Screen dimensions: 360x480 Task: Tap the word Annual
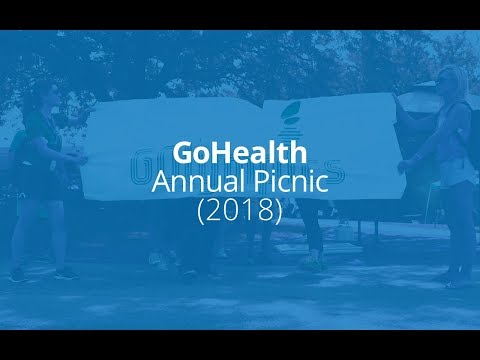(x=194, y=184)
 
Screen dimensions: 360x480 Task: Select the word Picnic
(x=284, y=184)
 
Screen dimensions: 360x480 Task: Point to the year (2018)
(x=240, y=212)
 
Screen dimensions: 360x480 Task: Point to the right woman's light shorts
(x=461, y=174)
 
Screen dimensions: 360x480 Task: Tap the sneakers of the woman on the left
(x=40, y=272)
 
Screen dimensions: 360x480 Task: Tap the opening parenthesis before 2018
(x=202, y=212)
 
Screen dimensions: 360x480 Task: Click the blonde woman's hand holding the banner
(x=408, y=159)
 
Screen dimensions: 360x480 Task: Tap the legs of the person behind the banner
(x=311, y=235)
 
